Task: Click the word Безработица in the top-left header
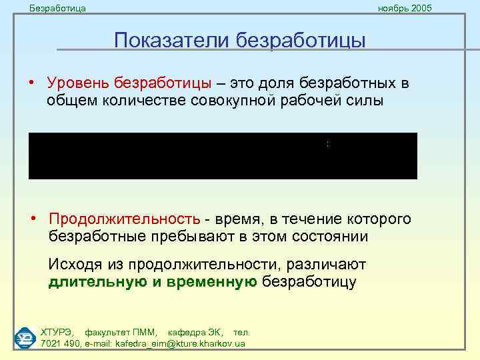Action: pos(57,8)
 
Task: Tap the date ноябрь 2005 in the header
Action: pos(405,8)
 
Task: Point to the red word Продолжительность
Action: pos(124,219)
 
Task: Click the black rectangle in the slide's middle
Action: pos(223,155)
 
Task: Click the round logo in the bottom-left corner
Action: pos(25,337)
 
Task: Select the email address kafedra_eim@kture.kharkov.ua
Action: pos(180,343)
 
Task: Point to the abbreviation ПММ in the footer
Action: pos(144,332)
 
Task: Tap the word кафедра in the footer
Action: pos(186,332)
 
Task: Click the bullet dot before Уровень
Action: pos(32,83)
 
